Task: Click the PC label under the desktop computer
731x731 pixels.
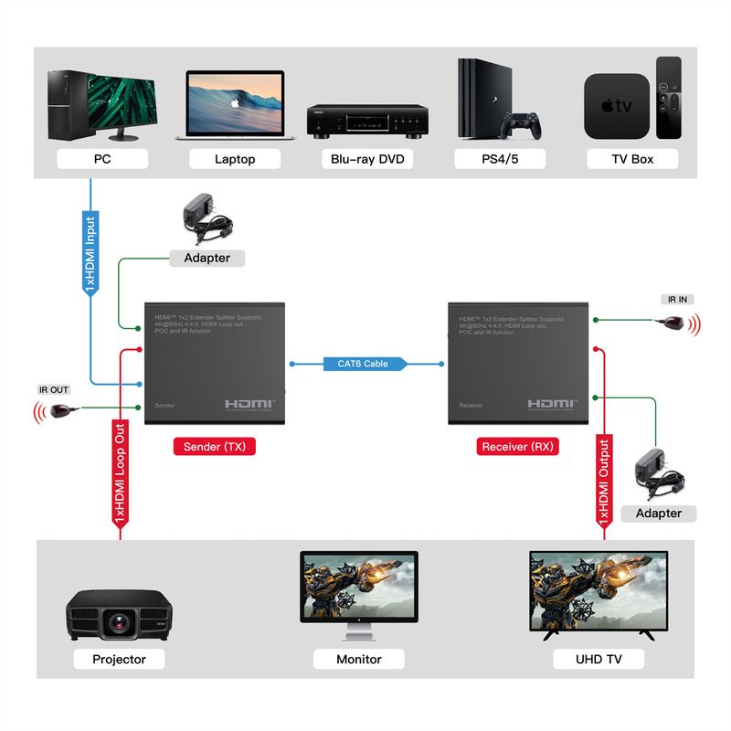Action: click(101, 159)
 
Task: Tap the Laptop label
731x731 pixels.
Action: click(235, 159)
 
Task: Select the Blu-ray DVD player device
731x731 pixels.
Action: click(367, 121)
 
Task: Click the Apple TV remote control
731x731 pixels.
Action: click(668, 98)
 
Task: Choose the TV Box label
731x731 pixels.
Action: click(632, 159)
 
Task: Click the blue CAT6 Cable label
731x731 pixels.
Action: click(363, 364)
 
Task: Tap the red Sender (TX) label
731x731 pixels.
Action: click(215, 447)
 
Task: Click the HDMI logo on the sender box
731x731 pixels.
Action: click(250, 403)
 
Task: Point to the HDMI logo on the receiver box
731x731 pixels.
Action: click(552, 403)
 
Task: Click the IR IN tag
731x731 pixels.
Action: click(678, 299)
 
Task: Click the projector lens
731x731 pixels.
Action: click(119, 622)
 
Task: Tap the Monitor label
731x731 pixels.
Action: click(359, 658)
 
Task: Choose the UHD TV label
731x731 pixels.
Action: click(599, 658)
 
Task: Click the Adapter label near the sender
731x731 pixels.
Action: click(207, 258)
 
